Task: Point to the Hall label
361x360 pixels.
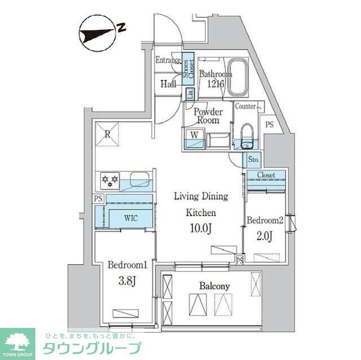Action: click(x=168, y=84)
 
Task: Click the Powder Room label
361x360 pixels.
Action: click(x=208, y=116)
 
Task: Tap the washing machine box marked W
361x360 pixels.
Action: click(x=194, y=135)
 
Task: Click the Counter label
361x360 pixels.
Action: click(x=246, y=106)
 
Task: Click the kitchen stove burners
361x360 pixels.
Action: click(x=109, y=180)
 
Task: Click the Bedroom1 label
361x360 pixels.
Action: click(x=127, y=265)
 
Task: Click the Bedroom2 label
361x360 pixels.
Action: click(x=264, y=220)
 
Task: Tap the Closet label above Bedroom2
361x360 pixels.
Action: click(x=266, y=175)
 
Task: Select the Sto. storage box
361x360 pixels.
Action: click(x=253, y=160)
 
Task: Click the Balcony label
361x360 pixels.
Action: click(x=214, y=286)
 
